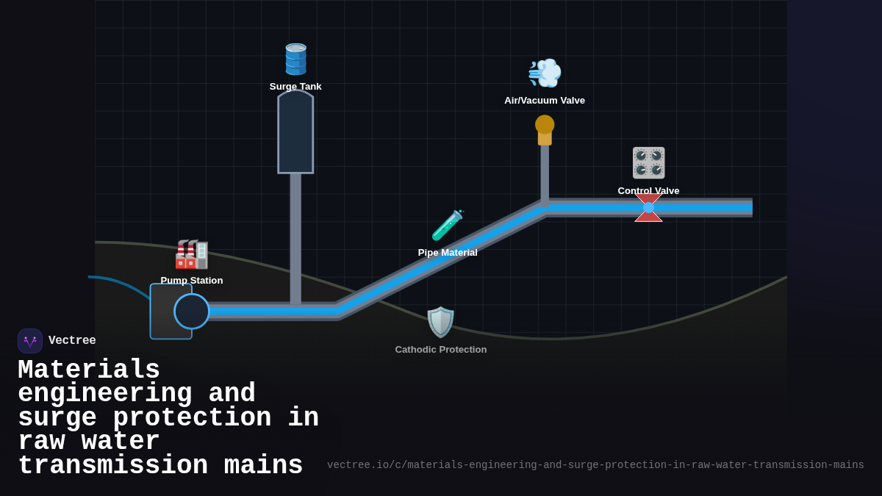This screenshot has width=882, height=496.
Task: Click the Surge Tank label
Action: [x=295, y=87]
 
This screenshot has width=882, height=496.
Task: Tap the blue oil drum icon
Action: [x=295, y=60]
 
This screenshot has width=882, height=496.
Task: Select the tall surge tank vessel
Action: [x=295, y=133]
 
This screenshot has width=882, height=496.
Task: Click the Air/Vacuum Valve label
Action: [x=545, y=101]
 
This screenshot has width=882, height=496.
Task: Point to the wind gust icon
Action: [x=545, y=73]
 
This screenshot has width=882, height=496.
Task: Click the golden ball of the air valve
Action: [x=545, y=124]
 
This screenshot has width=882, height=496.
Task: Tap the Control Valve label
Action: [x=648, y=190]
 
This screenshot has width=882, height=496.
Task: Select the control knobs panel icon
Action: [x=648, y=162]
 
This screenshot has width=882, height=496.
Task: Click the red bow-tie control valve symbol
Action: [x=648, y=208]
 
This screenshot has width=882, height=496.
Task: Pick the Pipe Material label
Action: [x=448, y=253]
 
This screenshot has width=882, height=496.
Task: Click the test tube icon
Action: [x=447, y=226]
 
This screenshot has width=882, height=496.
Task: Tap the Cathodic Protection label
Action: [x=441, y=350]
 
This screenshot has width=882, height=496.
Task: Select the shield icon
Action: [x=441, y=322]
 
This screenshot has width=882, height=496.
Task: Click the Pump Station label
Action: [x=192, y=281]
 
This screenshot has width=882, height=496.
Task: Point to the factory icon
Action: [x=192, y=254]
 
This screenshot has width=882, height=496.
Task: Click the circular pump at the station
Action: [x=192, y=312]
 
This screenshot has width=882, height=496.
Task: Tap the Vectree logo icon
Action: [x=30, y=341]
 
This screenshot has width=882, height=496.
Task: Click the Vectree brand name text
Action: [x=72, y=341]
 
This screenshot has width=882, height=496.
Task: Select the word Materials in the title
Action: [x=89, y=370]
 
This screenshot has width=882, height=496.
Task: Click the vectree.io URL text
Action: [x=595, y=465]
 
